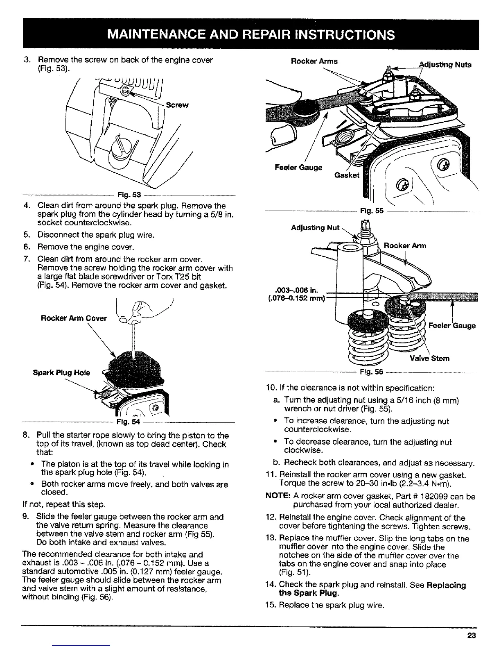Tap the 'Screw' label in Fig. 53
(x=177, y=105)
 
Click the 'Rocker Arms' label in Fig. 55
(x=314, y=61)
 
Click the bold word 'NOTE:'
(x=278, y=497)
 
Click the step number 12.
(x=270, y=517)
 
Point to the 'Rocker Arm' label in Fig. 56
(x=405, y=245)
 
